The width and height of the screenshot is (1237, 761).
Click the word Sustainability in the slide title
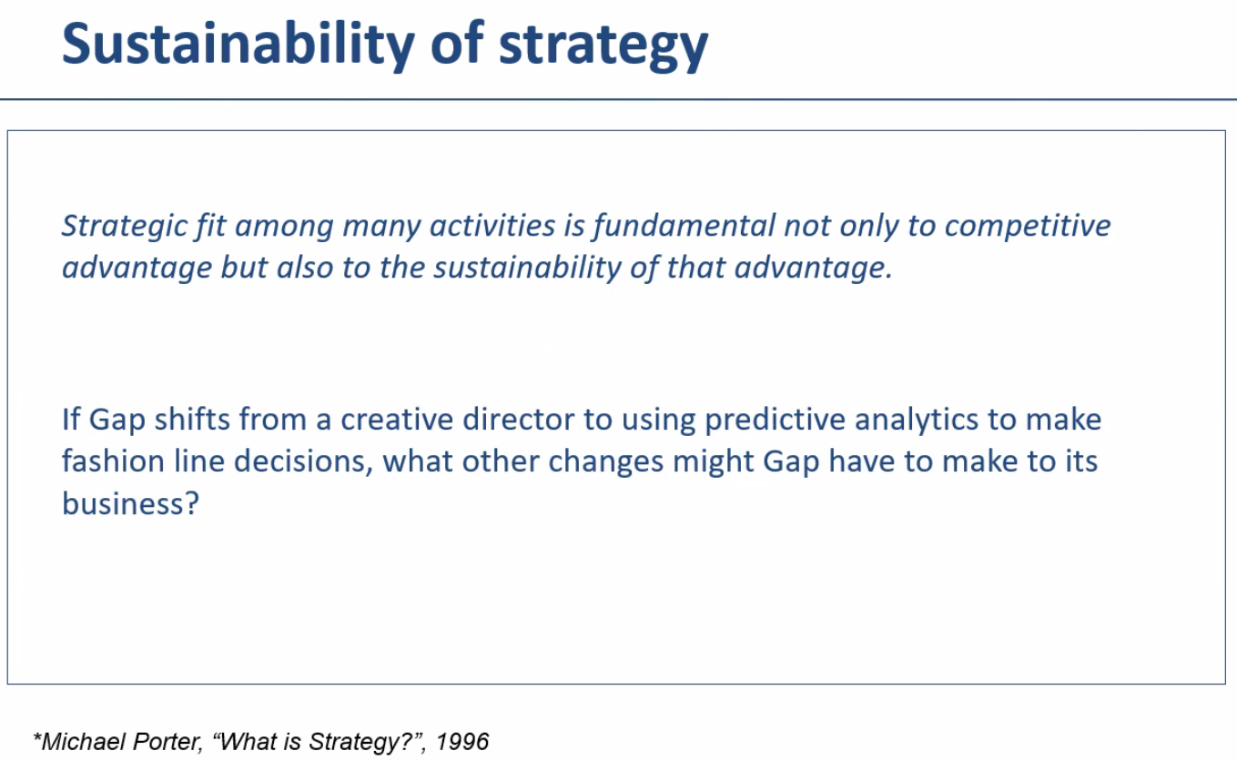point(238,46)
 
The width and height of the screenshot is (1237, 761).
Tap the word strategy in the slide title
point(603,47)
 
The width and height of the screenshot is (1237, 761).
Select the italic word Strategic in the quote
point(125,227)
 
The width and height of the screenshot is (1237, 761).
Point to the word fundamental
point(684,226)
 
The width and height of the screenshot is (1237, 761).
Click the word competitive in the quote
point(1027,227)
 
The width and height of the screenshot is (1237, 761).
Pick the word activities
point(492,226)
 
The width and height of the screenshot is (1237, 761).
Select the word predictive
point(775,421)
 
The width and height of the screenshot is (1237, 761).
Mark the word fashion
point(113,461)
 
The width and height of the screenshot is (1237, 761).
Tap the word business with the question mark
point(130,503)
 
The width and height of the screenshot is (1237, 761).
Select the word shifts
point(192,420)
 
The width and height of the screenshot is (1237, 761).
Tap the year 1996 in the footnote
point(462,742)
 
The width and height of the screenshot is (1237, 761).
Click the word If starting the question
point(71,420)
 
